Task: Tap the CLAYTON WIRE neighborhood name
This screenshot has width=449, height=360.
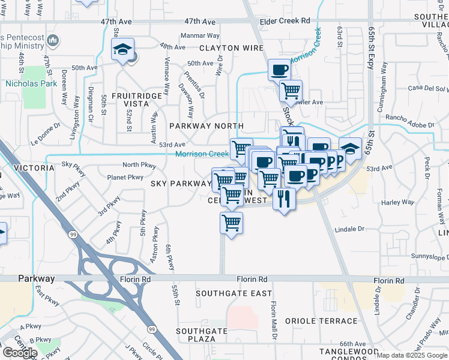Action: (228, 48)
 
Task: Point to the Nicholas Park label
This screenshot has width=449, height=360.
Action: (31, 83)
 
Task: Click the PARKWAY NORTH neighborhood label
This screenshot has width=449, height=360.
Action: (206, 126)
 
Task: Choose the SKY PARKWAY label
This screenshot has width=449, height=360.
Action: (180, 183)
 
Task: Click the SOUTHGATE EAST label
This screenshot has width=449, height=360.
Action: (234, 293)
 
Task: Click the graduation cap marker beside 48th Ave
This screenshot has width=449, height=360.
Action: (122, 50)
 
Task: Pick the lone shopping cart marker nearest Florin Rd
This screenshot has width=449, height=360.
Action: (231, 223)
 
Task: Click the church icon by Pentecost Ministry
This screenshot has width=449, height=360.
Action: (53, 41)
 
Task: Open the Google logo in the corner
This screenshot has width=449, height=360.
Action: (19, 353)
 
